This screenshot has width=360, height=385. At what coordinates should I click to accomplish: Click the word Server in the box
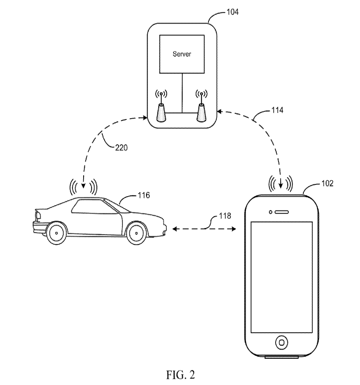(x=182, y=54)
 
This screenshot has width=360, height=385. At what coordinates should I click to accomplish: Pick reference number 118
(x=225, y=216)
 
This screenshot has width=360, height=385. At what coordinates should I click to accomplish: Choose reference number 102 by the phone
(x=327, y=184)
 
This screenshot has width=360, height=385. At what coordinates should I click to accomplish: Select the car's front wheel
(x=136, y=233)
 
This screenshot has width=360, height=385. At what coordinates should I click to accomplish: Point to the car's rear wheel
(x=56, y=233)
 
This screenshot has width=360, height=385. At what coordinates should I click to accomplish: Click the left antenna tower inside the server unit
(x=161, y=111)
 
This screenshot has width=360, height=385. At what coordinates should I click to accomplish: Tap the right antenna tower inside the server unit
(x=201, y=111)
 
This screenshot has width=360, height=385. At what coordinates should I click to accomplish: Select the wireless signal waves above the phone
(x=281, y=183)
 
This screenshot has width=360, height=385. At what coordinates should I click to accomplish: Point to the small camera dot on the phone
(x=270, y=212)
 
